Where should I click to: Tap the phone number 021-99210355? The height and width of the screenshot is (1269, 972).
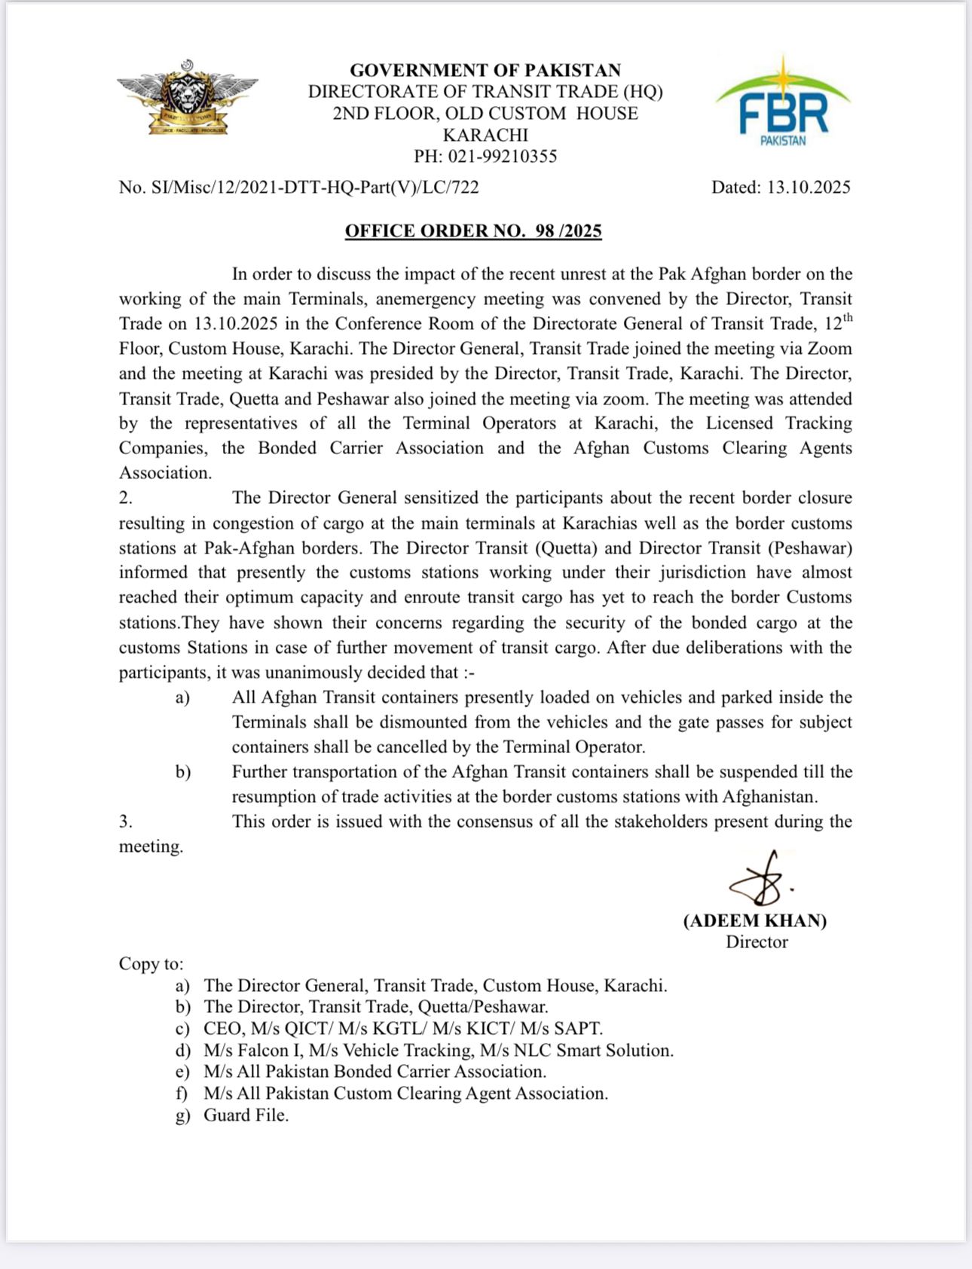point(503,157)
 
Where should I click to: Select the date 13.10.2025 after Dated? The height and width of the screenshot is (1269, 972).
point(808,188)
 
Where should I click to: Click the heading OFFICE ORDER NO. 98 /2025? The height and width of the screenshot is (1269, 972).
point(473,230)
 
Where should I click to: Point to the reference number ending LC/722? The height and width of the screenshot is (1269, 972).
point(298,188)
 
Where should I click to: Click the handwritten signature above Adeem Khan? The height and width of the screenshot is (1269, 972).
point(760,879)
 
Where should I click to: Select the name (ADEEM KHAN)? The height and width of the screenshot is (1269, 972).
point(755,920)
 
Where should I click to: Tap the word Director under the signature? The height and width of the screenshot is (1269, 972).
point(757,942)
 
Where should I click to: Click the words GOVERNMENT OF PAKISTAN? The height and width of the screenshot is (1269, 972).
point(485,70)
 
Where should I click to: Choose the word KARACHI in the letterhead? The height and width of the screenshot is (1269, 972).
point(485,136)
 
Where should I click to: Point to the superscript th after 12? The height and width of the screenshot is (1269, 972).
point(847,318)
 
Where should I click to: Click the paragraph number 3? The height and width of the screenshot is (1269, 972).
point(125,822)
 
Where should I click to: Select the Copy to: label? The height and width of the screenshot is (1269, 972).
point(151,964)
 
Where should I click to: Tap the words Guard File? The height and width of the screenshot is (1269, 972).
point(246,1115)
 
